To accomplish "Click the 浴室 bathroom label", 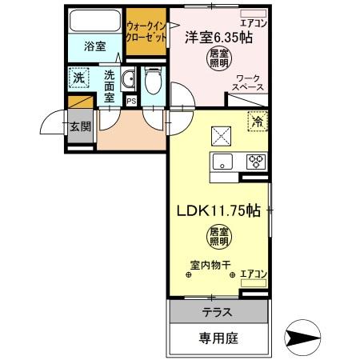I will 95,46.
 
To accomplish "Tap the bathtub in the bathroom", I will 94,21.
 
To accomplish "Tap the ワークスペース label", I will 249,83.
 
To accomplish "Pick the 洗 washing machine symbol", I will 78,78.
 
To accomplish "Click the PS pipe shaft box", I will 130,101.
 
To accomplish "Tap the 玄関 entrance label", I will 78,126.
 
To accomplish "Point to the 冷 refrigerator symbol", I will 258,122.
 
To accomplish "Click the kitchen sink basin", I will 221,161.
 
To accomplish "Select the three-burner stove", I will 255,160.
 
